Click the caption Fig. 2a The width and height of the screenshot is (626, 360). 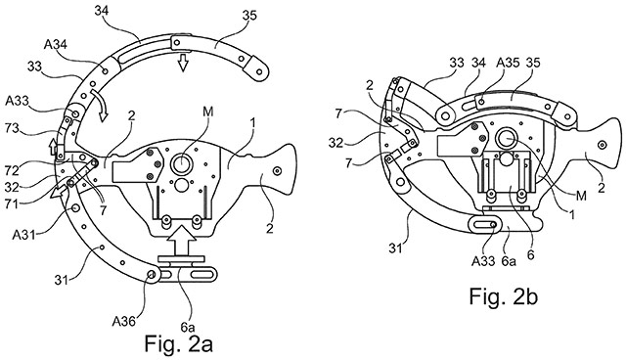[x=178, y=343]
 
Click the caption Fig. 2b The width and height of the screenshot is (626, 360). [x=503, y=296]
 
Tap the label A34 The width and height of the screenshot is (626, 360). [x=55, y=45]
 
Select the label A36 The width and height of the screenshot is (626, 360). [x=124, y=321]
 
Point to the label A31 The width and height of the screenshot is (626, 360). [x=23, y=235]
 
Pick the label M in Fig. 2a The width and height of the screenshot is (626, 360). [x=207, y=112]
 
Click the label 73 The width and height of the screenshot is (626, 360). [x=13, y=128]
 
